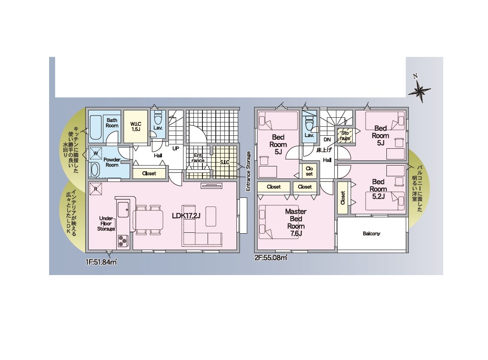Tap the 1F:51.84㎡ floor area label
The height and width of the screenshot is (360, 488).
pyautogui.click(x=101, y=262)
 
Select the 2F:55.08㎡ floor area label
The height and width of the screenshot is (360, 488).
pyautogui.click(x=271, y=258)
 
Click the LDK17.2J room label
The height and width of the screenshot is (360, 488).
pyautogui.click(x=186, y=216)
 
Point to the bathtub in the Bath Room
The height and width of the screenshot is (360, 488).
pyautogui.click(x=96, y=128)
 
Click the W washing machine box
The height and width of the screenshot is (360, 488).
pyautogui.click(x=96, y=153)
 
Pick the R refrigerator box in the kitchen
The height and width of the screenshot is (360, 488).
pyautogui.click(x=96, y=189)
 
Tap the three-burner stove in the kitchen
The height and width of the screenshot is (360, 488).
pyautogui.click(x=123, y=241)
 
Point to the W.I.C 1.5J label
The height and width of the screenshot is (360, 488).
pyautogui.click(x=136, y=126)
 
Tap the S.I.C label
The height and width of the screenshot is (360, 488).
pyautogui.click(x=224, y=162)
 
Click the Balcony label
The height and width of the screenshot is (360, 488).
pyautogui.click(x=371, y=234)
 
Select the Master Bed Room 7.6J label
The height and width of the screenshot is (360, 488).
pyautogui.click(x=295, y=222)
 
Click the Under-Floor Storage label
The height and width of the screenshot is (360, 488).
pyautogui.click(x=106, y=224)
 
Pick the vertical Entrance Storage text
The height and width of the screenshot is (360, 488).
pyautogui.click(x=249, y=171)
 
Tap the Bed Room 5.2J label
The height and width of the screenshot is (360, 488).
pyautogui.click(x=378, y=189)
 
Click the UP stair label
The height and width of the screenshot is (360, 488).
pyautogui.click(x=176, y=149)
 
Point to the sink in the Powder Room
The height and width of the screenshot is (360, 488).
pyautogui.click(x=95, y=170)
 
